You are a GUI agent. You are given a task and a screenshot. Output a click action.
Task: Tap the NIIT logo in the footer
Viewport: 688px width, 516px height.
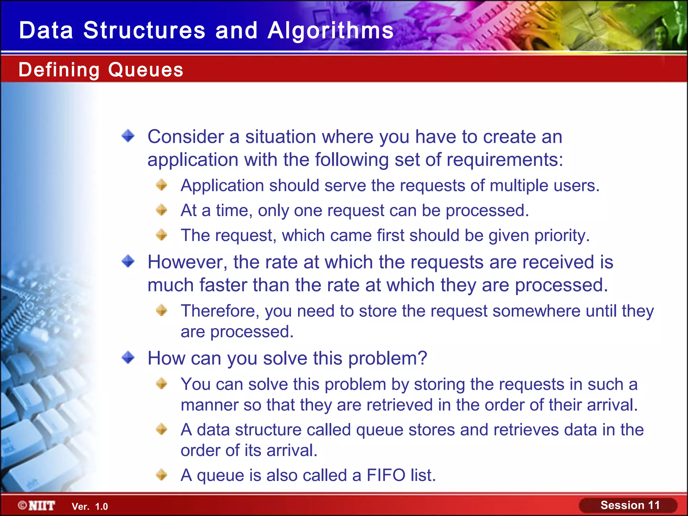(37, 506)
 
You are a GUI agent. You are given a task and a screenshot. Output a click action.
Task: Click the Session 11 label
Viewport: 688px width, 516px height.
(630, 505)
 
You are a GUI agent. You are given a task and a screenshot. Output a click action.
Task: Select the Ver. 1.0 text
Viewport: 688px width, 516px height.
(90, 507)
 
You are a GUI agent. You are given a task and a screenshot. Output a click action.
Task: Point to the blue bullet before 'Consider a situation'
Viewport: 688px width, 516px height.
(128, 136)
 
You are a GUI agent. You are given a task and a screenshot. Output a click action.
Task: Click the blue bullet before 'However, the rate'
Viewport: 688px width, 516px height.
(128, 261)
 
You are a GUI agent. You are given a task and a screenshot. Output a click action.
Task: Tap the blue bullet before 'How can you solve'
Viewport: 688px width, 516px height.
(128, 357)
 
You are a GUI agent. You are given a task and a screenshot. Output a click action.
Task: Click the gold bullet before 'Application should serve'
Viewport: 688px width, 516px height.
(162, 185)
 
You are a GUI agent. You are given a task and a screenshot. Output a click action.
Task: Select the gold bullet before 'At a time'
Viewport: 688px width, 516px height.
(162, 210)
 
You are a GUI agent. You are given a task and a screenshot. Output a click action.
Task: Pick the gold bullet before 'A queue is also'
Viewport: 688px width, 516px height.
(162, 475)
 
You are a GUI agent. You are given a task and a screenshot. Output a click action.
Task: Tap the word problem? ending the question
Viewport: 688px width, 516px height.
(387, 358)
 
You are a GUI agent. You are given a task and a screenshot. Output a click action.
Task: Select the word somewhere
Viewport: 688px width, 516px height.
(536, 311)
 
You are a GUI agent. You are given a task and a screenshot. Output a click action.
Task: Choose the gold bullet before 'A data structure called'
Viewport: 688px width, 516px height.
(162, 429)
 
